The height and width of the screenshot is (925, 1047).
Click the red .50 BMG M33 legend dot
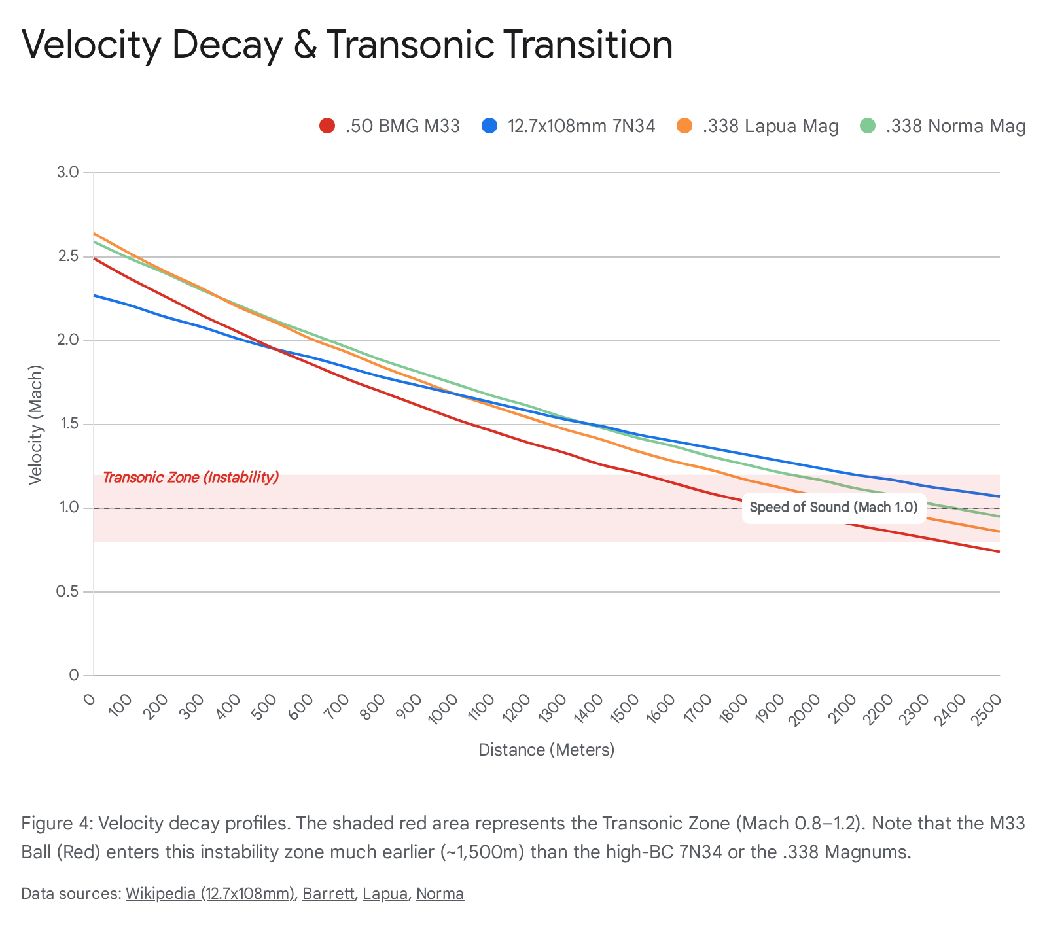click(x=327, y=126)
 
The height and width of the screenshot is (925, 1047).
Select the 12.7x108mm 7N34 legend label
click(x=581, y=126)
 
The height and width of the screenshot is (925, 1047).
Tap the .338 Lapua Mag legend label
click(x=770, y=126)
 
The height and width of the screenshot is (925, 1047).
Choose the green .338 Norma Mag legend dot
click(x=868, y=126)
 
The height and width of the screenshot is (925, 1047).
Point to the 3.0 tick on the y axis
click(x=69, y=173)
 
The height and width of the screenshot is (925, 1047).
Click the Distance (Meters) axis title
click(x=546, y=750)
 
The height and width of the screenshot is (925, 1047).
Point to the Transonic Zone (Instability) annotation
click(x=191, y=478)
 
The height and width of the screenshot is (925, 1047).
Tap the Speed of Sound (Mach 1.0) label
click(x=834, y=507)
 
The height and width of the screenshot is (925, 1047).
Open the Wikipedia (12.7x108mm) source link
click(x=210, y=894)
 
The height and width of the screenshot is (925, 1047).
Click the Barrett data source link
click(x=328, y=894)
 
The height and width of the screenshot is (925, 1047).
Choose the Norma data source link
click(x=440, y=894)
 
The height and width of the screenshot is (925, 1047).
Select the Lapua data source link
click(x=385, y=894)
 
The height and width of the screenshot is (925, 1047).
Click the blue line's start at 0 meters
click(x=94, y=295)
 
